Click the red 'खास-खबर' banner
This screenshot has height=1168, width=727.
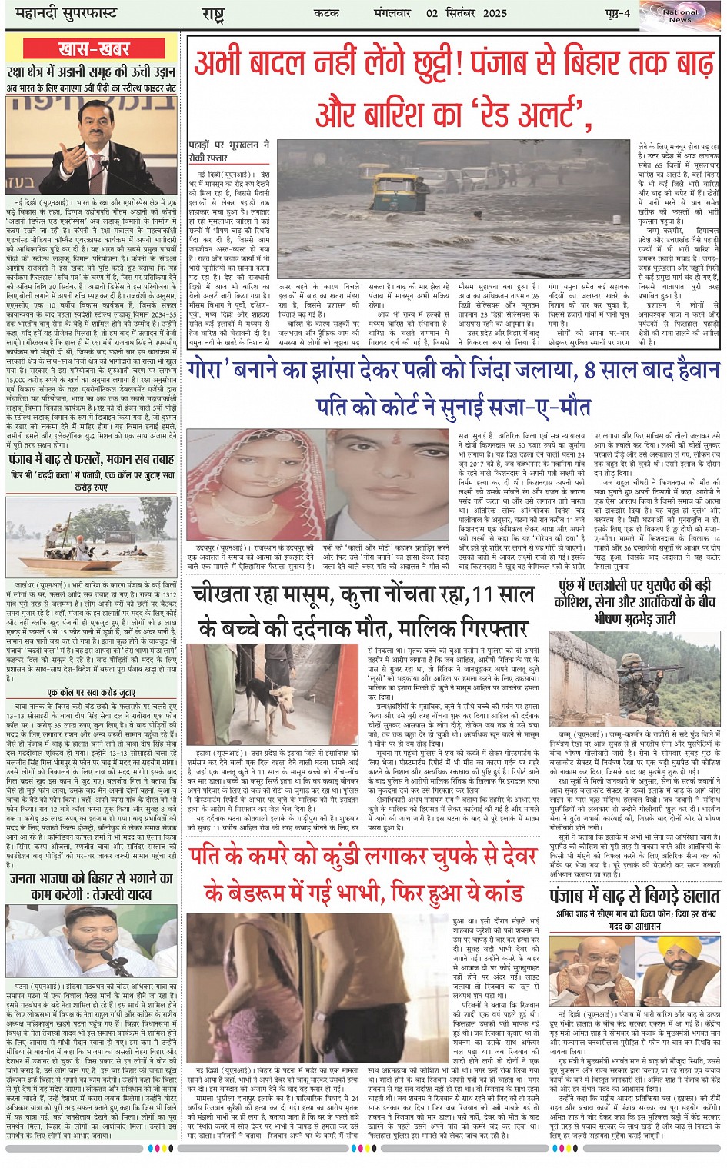tap(92, 49)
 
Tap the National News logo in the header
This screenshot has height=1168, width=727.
tap(679, 15)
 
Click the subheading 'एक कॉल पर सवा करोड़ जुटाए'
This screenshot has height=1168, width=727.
tap(92, 693)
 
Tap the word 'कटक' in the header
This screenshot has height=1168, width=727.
tap(327, 14)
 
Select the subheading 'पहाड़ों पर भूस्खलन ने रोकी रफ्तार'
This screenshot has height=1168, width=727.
tap(228, 150)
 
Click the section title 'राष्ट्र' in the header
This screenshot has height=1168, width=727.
tap(212, 15)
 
